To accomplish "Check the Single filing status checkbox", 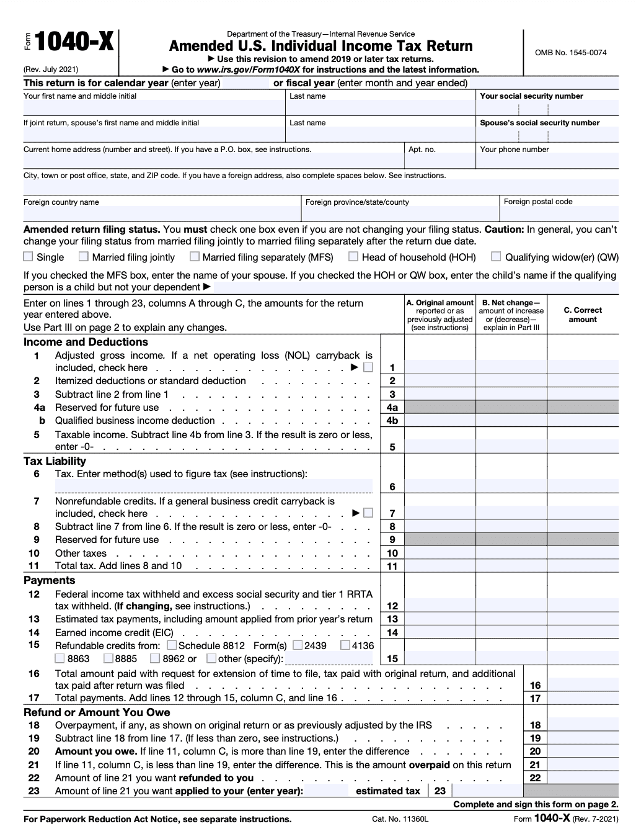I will click(28, 256).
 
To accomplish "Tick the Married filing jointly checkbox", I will click(84, 256).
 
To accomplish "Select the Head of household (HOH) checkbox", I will click(353, 256).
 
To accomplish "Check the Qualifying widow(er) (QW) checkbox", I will click(496, 256).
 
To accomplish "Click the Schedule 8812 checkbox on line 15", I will click(172, 645).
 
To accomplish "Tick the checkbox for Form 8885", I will click(108, 658).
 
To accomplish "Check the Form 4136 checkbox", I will click(345, 645).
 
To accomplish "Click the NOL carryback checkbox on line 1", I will click(368, 367).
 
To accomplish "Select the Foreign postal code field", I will click(559, 214).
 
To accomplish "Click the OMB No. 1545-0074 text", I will click(570, 53).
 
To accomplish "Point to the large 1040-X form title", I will click(74, 43).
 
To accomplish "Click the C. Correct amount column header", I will click(583, 315).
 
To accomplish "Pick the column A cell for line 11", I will click(439, 566).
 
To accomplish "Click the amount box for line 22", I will click(583, 778).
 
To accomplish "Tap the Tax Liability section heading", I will click(55, 461).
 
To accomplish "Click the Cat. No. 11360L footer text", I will click(400, 820).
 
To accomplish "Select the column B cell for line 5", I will click(511, 447).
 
